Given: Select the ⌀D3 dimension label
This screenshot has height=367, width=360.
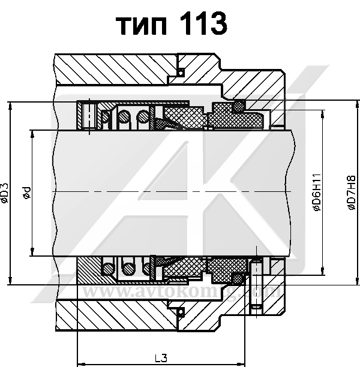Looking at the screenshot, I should click(x=5, y=193).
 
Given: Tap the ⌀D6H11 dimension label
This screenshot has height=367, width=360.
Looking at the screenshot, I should click(x=316, y=193).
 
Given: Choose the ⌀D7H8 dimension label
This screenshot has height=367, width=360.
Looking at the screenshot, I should click(x=351, y=193).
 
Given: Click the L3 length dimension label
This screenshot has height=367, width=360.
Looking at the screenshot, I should click(x=161, y=358).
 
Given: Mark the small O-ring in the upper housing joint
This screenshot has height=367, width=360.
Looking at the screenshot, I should click(x=179, y=74).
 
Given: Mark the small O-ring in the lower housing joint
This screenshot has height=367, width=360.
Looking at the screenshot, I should click(x=179, y=311).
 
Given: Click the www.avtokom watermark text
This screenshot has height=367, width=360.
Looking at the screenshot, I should click(x=138, y=292).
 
